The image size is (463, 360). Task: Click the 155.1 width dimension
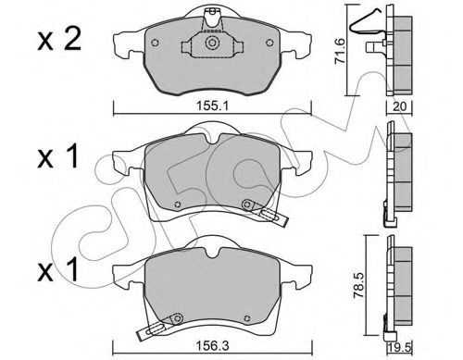pyautogui.click(x=212, y=106)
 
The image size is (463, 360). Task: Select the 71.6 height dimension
pyautogui.click(x=340, y=51)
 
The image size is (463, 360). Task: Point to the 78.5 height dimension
pyautogui.click(x=359, y=285)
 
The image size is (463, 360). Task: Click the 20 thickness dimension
pyautogui.click(x=400, y=106)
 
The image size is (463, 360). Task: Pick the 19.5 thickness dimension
pyautogui.click(x=400, y=348)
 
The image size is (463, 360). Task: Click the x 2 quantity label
pyautogui.click(x=59, y=40)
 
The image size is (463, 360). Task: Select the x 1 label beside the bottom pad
pyautogui.click(x=58, y=270)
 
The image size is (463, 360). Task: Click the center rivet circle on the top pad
pyautogui.click(x=212, y=43)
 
